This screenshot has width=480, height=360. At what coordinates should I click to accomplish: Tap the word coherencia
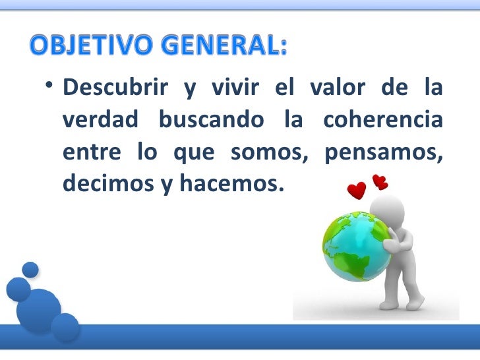tap(382, 121)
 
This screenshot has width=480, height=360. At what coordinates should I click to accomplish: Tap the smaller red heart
tap(380, 181)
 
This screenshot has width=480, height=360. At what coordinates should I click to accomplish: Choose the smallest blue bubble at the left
tap(30, 269)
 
